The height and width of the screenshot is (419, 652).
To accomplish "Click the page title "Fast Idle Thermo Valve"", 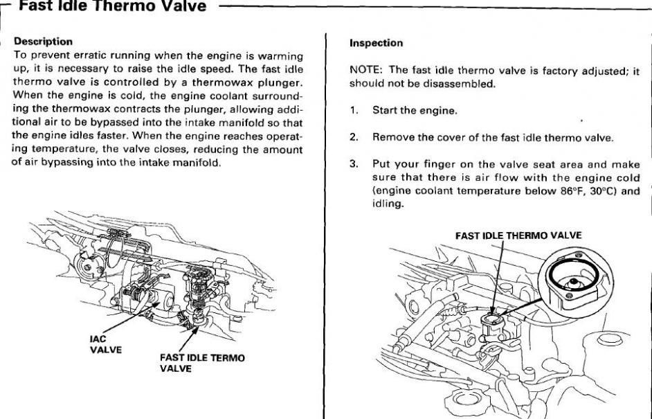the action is (x=112, y=6).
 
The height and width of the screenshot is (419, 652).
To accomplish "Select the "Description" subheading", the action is (x=43, y=42).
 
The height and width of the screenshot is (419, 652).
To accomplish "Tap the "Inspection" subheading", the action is (x=376, y=43).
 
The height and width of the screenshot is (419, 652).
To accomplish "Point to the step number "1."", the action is (x=354, y=111).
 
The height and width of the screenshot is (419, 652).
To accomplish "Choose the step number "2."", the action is (x=354, y=137).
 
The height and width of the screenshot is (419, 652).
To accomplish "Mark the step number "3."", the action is (x=354, y=164).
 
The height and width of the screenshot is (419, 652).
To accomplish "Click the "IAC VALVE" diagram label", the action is (x=106, y=344).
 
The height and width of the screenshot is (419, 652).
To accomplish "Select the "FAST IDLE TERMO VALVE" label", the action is (x=202, y=363).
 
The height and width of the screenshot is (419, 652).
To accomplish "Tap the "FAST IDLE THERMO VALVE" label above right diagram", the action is (x=518, y=235).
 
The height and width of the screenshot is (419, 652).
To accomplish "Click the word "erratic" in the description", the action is (x=91, y=55).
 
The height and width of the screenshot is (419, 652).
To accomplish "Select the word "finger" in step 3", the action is (x=439, y=164).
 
